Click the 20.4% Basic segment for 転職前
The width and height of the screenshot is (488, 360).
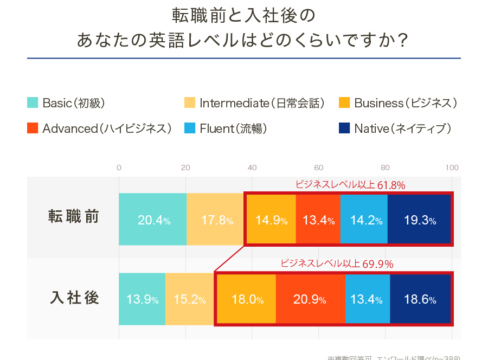[x=153, y=220]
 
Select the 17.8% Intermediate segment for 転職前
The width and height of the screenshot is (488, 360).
[x=215, y=220]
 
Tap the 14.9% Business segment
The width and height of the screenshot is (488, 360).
[x=271, y=220]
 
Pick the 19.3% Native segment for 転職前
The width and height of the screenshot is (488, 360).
[x=419, y=220]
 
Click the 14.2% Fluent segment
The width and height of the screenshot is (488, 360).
[x=364, y=220]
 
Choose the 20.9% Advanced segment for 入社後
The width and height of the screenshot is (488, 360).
[x=310, y=299]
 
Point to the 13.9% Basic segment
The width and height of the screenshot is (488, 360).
[x=142, y=299]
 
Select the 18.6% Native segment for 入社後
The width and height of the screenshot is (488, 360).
[x=420, y=299]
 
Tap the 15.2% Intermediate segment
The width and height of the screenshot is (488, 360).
[x=189, y=299]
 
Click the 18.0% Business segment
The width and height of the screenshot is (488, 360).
[x=247, y=299]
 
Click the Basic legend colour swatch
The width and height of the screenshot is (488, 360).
[x=33, y=102]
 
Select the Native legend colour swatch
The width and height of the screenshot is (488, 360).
[x=344, y=128]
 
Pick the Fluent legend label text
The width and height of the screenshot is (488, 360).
[x=233, y=128]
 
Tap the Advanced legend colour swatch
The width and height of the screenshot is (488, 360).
[x=33, y=128]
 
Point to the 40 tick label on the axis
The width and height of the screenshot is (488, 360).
[x=252, y=167]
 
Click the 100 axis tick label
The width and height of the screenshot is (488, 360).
[x=452, y=167]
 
